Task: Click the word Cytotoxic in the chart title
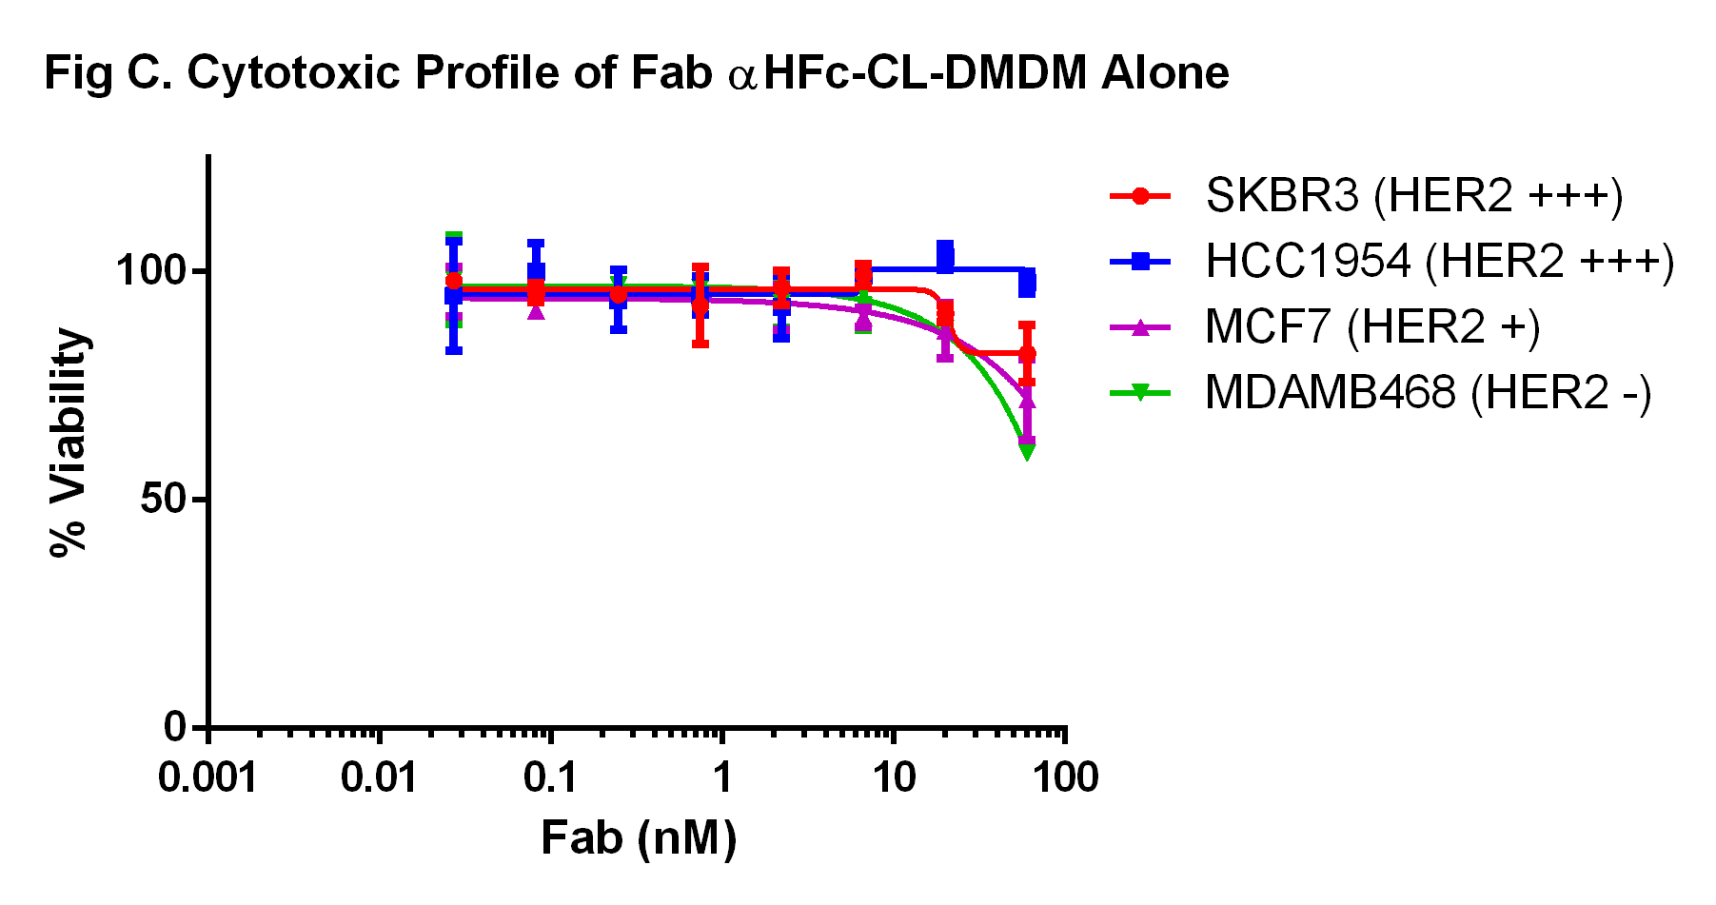point(292,73)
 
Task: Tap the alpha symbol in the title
point(742,76)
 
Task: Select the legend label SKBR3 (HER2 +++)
point(1413,196)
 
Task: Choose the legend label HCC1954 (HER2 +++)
point(1439,262)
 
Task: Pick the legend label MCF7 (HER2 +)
point(1371,327)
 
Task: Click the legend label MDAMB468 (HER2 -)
point(1428,392)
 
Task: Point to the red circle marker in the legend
point(1140,196)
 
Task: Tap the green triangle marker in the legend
point(1140,392)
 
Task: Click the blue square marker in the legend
point(1140,262)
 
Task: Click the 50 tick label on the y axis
point(162,499)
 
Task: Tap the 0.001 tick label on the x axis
point(207,778)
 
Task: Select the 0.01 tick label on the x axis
point(379,778)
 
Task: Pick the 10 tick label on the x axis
point(894,778)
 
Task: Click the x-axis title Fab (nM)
point(639,838)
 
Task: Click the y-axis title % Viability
point(69,442)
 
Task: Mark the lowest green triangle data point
point(1027,450)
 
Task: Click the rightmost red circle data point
point(1027,354)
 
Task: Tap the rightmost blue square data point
point(1027,283)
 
